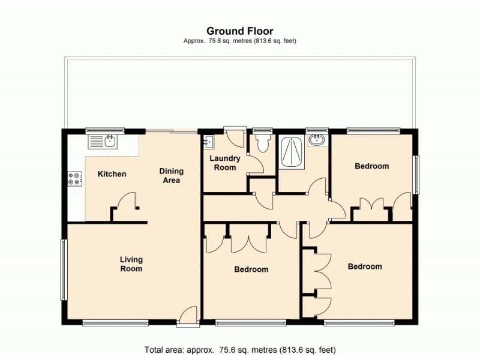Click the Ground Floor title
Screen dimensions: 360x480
pos(240,31)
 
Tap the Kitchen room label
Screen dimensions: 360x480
pos(112,175)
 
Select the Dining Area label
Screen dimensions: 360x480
pos(170,176)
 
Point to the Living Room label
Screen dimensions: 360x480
pos(131,264)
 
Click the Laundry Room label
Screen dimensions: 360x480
pos(225,163)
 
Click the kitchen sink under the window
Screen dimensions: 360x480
pos(104,142)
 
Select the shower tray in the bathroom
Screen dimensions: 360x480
pos(294,154)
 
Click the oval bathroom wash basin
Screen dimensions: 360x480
pos(316,140)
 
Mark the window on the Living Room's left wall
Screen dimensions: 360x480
pos(62,269)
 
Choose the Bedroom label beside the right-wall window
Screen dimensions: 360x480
pos(371,166)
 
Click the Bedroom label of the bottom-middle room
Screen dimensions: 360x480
pos(251,269)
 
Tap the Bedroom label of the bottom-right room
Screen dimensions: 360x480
pos(365,266)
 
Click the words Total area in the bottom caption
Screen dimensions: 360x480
pos(166,349)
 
